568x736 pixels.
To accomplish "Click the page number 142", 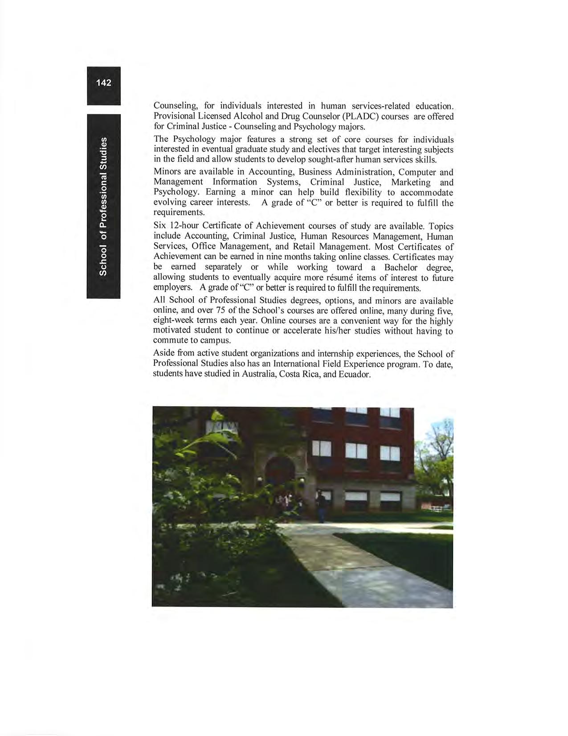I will [x=103, y=83].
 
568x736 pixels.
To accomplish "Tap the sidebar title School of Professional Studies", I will [x=103, y=206].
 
